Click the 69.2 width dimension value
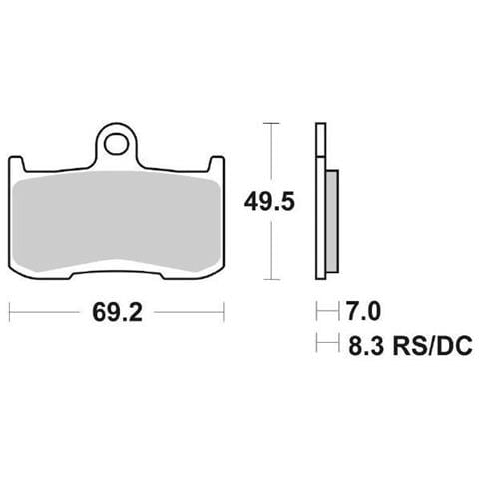[117, 312]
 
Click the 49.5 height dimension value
[269, 202]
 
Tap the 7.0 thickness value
[363, 311]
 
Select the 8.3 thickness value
[365, 346]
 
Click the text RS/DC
[432, 346]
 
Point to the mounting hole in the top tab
[116, 144]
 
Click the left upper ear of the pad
[17, 164]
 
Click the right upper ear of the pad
[217, 164]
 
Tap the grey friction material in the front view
[117, 222]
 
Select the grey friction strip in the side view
[332, 221]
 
